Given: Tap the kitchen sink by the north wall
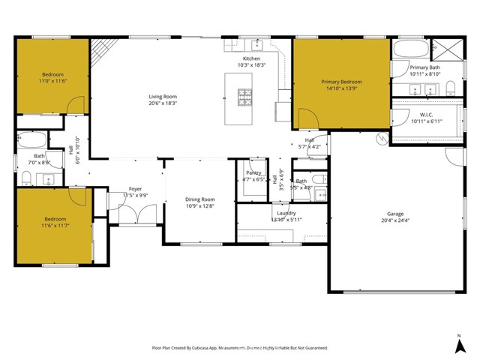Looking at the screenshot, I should point(254,46).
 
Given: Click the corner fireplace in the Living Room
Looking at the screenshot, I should point(99,51).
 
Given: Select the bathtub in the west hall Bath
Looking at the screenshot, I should point(32,140).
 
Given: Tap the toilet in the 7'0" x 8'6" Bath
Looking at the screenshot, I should point(25,178).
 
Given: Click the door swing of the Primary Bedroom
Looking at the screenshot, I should point(305,118).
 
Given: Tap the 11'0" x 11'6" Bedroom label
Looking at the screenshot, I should point(52,74).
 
